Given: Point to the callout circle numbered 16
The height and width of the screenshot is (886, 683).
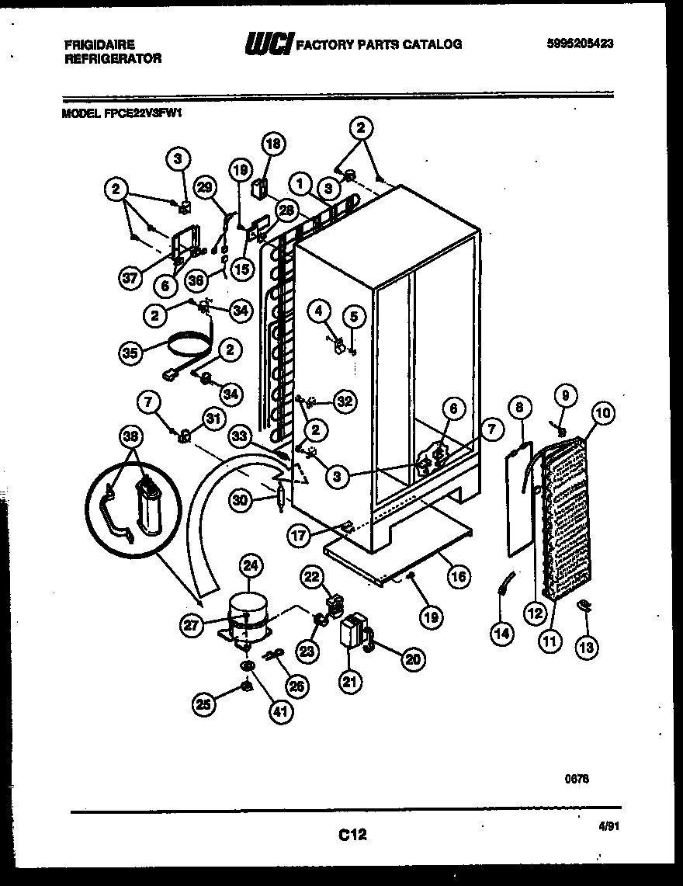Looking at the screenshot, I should (x=459, y=576).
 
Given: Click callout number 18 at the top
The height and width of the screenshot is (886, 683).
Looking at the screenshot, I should (x=272, y=143).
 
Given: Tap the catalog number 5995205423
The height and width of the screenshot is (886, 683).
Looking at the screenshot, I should (x=577, y=44).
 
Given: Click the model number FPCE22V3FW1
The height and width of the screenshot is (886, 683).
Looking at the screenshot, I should (x=124, y=112).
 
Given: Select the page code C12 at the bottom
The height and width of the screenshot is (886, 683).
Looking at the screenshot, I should (x=352, y=836).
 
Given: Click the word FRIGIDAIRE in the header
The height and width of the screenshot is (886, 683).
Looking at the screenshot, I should (x=99, y=44).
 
